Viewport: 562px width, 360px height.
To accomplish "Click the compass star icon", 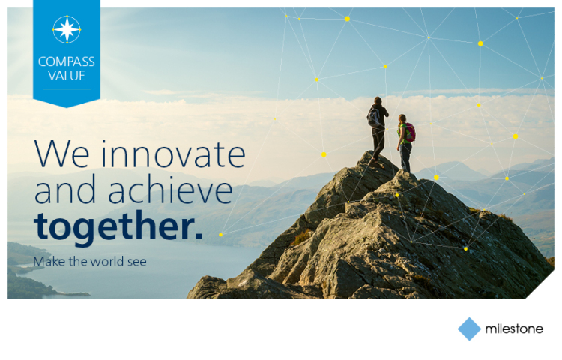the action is coord(67,29).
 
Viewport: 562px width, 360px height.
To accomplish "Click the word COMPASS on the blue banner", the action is coord(66,61).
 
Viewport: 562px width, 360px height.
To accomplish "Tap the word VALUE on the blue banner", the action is coord(66,76).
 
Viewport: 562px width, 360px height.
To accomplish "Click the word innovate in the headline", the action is coord(174,154).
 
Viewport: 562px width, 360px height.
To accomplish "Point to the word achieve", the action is coord(171,190).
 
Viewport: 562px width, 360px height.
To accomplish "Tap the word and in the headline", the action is coord(65,190).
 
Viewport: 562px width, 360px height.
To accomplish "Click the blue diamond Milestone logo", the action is coord(469,328).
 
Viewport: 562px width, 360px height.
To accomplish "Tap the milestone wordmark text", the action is coord(514,328).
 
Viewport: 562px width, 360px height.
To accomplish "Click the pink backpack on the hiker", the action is coord(410,132).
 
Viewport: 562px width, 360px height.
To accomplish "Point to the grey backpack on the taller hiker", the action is coord(373,117).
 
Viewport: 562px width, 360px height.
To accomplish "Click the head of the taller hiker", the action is coord(378,100).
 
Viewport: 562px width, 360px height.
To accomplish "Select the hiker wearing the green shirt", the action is coord(405,143).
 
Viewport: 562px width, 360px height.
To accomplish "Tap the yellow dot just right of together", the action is coord(221,235).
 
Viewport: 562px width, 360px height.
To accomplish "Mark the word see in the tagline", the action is coord(137,262).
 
